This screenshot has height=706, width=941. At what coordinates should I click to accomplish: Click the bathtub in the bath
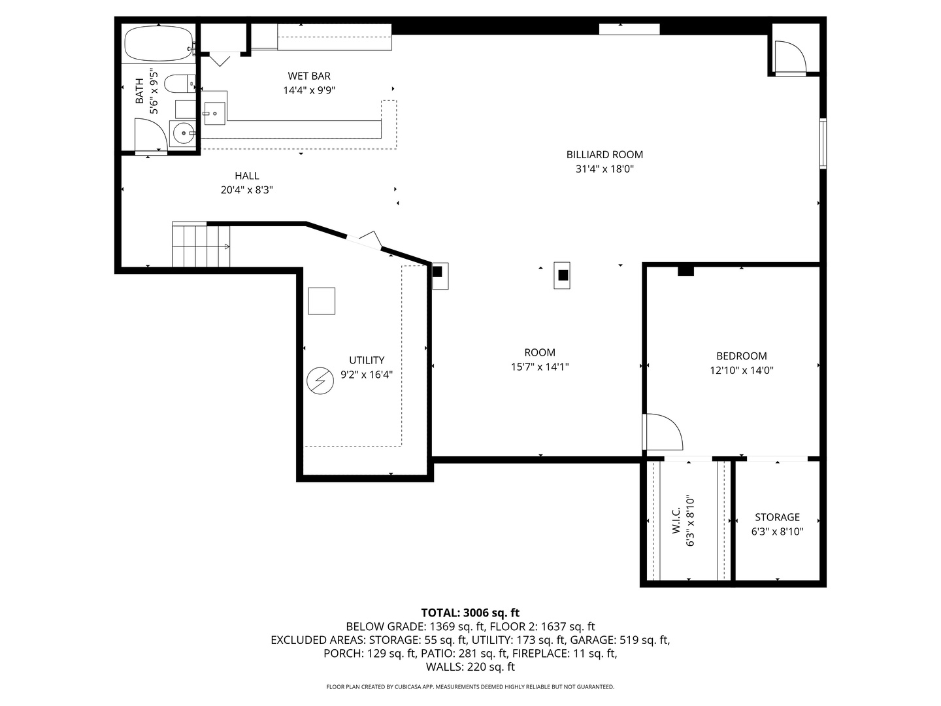click(x=158, y=44)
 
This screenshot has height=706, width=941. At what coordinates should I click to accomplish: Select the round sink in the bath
click(x=183, y=134)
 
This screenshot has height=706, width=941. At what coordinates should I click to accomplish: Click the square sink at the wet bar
click(x=214, y=114)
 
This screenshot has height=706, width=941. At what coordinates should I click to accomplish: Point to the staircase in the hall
click(x=201, y=244)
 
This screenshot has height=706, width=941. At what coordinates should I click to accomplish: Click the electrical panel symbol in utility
click(x=320, y=380)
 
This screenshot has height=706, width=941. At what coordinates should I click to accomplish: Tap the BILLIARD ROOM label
click(x=604, y=155)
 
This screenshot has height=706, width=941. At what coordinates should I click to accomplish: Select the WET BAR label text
click(x=309, y=76)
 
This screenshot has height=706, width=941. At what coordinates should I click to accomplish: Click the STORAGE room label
click(x=777, y=517)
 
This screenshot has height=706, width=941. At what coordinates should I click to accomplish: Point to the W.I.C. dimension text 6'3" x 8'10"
click(x=690, y=521)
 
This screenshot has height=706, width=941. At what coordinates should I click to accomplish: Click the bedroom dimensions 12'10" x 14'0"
click(x=742, y=371)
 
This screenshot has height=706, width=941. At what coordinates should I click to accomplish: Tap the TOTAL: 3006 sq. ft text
click(x=470, y=613)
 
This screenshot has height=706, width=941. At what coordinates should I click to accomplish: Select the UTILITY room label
click(x=367, y=360)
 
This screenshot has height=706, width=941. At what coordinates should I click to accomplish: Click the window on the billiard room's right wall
click(x=823, y=144)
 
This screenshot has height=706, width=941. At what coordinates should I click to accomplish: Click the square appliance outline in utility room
click(x=322, y=301)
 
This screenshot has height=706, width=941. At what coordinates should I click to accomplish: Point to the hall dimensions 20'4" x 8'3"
click(x=247, y=190)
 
